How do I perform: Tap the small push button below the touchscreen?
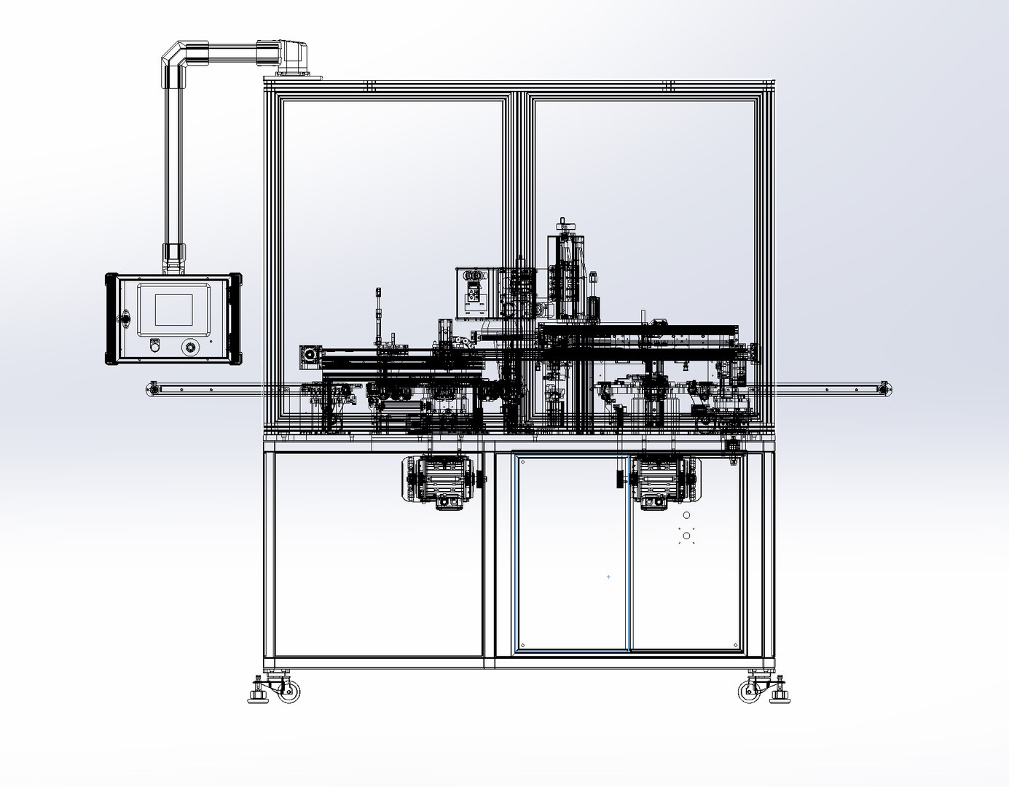tap(154, 346)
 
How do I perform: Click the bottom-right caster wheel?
tap(750, 691)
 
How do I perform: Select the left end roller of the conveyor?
tap(152, 389)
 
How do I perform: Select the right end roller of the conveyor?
tap(884, 389)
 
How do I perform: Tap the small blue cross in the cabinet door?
tap(609, 576)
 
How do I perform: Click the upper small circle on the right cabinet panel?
tap(686, 515)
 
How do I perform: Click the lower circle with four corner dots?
tap(686, 536)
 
